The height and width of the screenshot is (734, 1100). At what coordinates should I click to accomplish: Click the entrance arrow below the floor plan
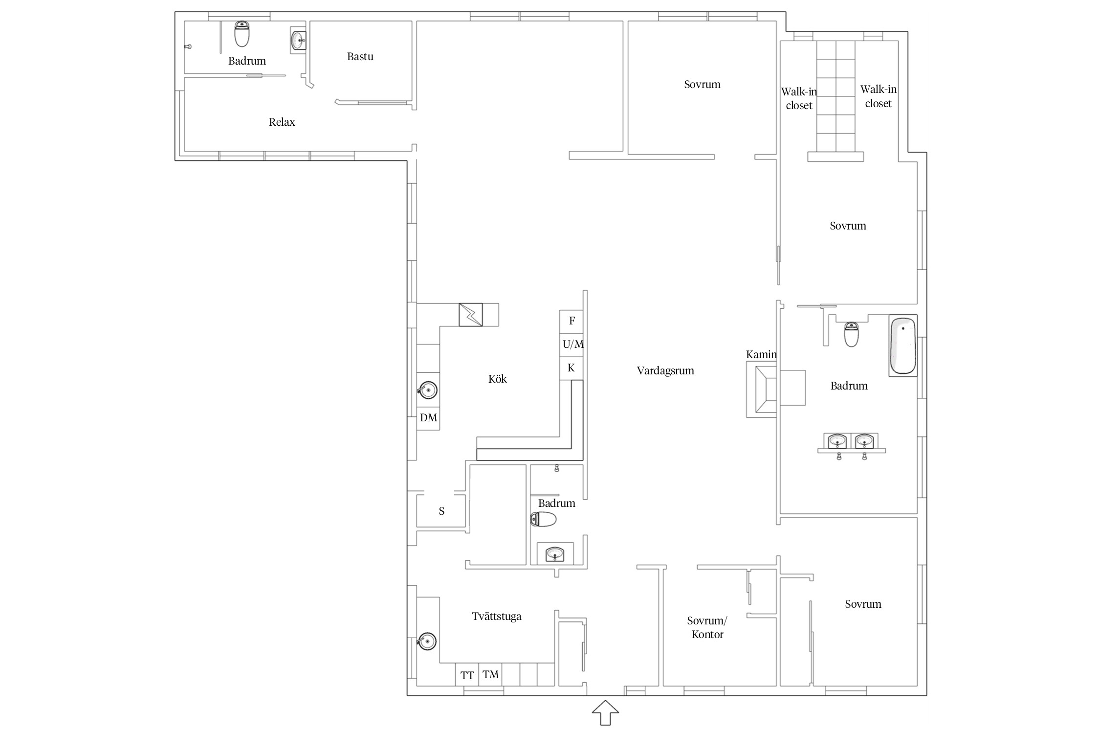click(605, 712)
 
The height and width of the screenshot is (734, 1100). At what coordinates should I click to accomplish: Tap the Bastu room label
click(360, 57)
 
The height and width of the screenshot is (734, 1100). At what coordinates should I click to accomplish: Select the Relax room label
click(282, 122)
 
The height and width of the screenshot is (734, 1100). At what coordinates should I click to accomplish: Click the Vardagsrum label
click(665, 371)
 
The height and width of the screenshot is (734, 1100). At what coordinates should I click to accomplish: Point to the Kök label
click(497, 379)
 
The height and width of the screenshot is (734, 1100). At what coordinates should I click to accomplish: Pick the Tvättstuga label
click(496, 617)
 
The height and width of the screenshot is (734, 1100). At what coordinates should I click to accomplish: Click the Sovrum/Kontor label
click(707, 627)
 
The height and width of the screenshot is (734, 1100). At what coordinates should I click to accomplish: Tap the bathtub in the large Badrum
click(902, 345)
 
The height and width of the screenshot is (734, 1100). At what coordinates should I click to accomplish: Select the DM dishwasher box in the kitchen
click(428, 418)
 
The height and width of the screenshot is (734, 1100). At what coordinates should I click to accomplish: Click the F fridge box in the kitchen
click(572, 321)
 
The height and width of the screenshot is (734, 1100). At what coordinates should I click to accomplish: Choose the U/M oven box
click(572, 345)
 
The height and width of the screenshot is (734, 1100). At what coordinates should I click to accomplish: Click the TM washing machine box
click(490, 675)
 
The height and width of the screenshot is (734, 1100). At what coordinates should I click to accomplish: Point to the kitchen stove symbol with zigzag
click(471, 315)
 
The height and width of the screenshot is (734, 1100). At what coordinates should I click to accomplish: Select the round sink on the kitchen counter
click(427, 390)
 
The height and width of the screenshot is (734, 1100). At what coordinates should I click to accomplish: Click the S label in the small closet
click(441, 511)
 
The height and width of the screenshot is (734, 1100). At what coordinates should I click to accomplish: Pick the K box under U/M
click(572, 368)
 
